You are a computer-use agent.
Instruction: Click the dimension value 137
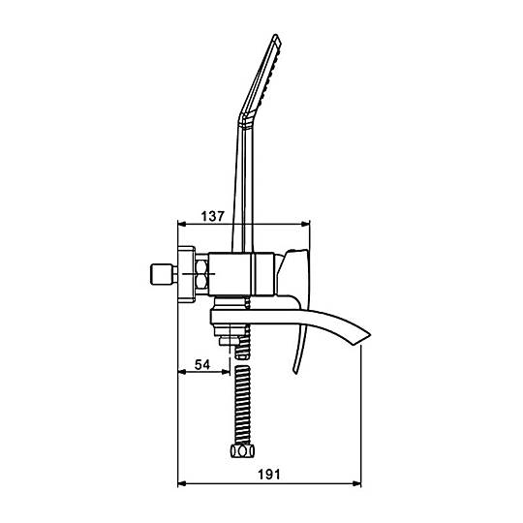click(213, 216)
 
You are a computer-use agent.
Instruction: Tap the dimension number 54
click(202, 364)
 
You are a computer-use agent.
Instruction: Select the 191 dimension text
click(269, 475)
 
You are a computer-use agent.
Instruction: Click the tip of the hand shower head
click(275, 35)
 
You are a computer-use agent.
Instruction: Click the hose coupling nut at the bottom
click(242, 451)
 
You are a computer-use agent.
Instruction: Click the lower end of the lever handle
click(295, 372)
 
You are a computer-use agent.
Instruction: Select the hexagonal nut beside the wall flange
click(201, 274)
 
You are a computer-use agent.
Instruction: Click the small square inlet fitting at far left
click(161, 274)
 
